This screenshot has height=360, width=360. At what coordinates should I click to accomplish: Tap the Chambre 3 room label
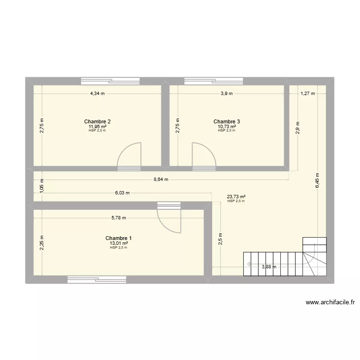click(227, 121)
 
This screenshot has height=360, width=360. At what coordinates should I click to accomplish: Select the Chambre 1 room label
click(119, 238)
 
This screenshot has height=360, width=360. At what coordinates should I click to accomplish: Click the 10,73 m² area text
click(227, 127)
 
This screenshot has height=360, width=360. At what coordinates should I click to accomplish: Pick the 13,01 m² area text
click(119, 243)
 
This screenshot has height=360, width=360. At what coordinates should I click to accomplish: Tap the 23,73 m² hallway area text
click(236, 196)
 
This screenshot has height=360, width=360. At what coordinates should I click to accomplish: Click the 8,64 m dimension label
click(161, 180)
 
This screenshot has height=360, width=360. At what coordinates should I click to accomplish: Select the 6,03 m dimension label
click(122, 193)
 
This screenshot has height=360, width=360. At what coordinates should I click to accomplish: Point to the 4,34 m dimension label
click(98, 94)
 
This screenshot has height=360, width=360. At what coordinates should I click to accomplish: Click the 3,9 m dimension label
click(227, 94)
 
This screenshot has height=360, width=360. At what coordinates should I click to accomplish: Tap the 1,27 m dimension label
click(308, 94)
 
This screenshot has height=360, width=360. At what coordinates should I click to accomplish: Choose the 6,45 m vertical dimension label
click(316, 180)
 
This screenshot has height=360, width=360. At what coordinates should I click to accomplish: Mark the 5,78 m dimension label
click(119, 217)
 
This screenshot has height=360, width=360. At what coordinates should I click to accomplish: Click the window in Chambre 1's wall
click(97, 279)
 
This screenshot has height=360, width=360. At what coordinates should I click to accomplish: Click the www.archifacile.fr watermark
click(330, 302)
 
